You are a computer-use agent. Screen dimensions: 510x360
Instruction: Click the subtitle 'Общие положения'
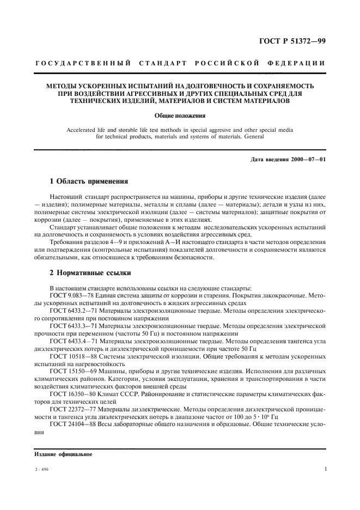(179, 116)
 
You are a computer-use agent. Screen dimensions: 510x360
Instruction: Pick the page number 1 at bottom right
(325, 469)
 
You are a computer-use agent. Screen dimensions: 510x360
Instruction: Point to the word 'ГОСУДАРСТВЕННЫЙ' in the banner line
(72, 64)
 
